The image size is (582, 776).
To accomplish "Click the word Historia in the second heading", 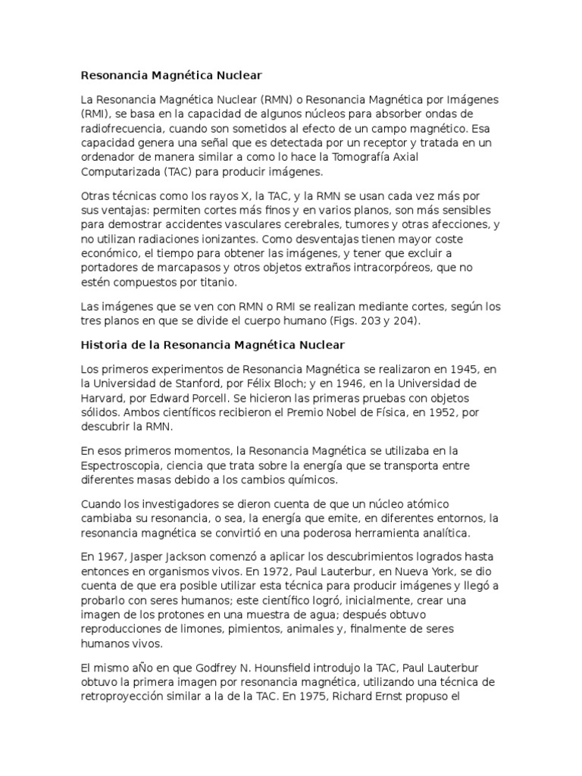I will [103, 346].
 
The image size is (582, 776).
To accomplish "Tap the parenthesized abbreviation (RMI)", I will [95, 114].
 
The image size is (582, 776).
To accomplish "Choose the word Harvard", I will [103, 399].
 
